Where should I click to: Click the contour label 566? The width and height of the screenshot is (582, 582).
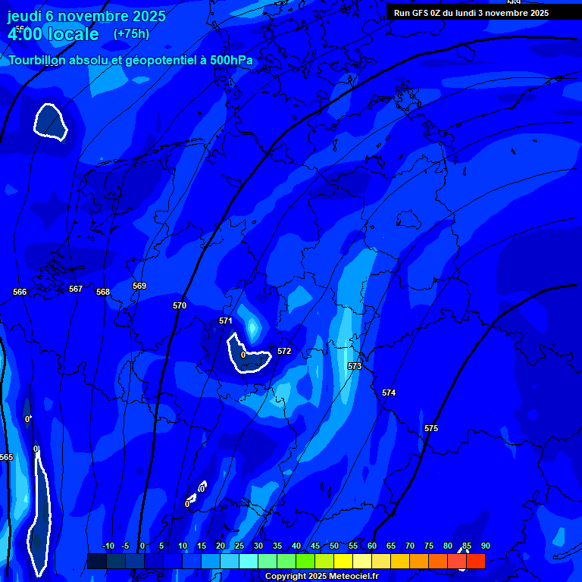pos(20,292)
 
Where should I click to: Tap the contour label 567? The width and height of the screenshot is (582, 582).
pos(76,289)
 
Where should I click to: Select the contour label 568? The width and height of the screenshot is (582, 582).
pos(103,292)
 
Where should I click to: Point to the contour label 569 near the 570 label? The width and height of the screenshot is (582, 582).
pos(139,286)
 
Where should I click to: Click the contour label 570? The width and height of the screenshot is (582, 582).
pos(180,305)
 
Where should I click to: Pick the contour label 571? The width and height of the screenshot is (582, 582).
pos(226,321)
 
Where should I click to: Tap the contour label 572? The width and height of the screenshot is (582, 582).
pos(284,351)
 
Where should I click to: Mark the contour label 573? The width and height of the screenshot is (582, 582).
pos(355,366)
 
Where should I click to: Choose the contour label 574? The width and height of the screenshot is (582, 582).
pos(389,393)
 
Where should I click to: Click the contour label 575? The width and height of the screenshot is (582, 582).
pos(431,428)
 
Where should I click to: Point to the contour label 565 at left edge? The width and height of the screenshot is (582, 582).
pos(6,457)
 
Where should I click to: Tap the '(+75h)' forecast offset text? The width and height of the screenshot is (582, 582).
pos(131,34)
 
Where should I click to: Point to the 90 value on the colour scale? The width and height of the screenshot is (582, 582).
pos(485,546)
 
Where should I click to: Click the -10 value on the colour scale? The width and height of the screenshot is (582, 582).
pos(108,546)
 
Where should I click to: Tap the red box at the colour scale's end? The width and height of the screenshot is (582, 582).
pos(475,561)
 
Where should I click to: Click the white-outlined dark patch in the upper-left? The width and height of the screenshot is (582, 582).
pos(51,121)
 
